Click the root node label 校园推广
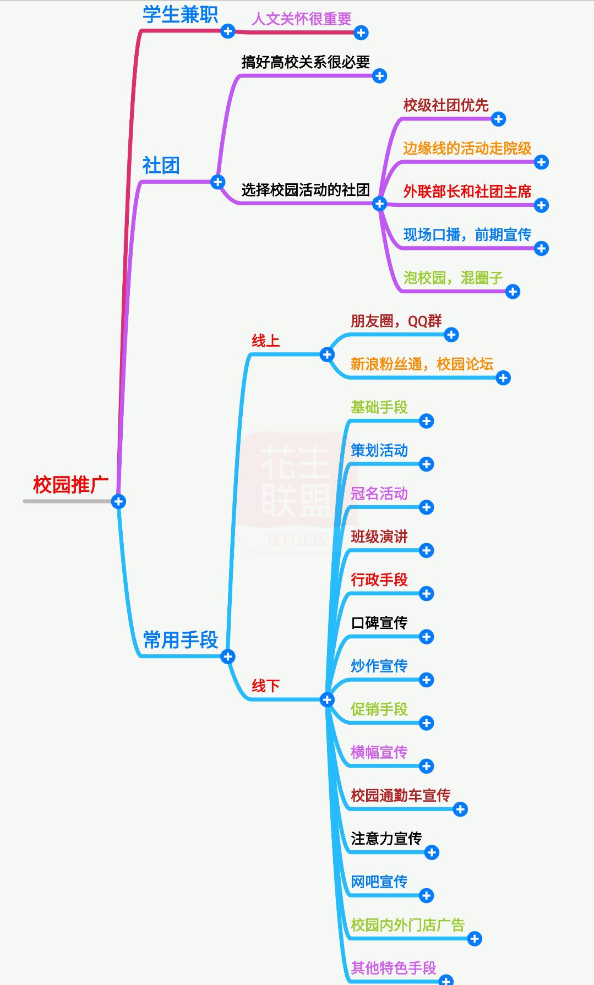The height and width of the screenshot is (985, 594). (70, 485)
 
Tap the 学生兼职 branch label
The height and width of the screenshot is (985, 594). (180, 15)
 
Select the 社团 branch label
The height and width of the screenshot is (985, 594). (161, 165)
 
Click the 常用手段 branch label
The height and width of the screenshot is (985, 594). (181, 640)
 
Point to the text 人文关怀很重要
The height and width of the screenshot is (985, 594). (302, 19)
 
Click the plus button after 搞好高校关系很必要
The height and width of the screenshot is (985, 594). (379, 76)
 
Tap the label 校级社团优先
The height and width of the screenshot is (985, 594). (446, 105)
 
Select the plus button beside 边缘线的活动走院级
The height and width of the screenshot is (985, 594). (541, 162)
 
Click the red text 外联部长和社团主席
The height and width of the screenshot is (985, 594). (467, 191)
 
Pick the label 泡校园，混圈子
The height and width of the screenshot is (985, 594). (453, 278)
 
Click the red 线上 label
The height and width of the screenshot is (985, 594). (265, 341)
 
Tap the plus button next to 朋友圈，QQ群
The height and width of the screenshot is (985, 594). (451, 335)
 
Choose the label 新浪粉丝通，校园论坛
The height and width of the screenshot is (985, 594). (422, 364)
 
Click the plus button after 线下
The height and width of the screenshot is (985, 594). (327, 699)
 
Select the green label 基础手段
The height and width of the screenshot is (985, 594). (379, 407)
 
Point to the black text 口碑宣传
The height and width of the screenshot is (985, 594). (379, 623)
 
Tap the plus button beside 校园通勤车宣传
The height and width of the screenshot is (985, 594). (460, 809)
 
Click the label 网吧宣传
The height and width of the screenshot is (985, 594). (379, 882)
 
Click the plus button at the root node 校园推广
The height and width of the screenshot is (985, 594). (118, 501)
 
